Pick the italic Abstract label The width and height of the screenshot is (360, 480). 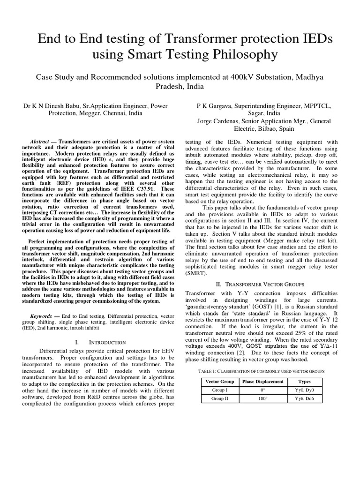click(x=39, y=141)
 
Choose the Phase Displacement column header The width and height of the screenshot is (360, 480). click(x=262, y=382)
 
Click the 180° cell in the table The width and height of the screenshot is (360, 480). click(x=262, y=399)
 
